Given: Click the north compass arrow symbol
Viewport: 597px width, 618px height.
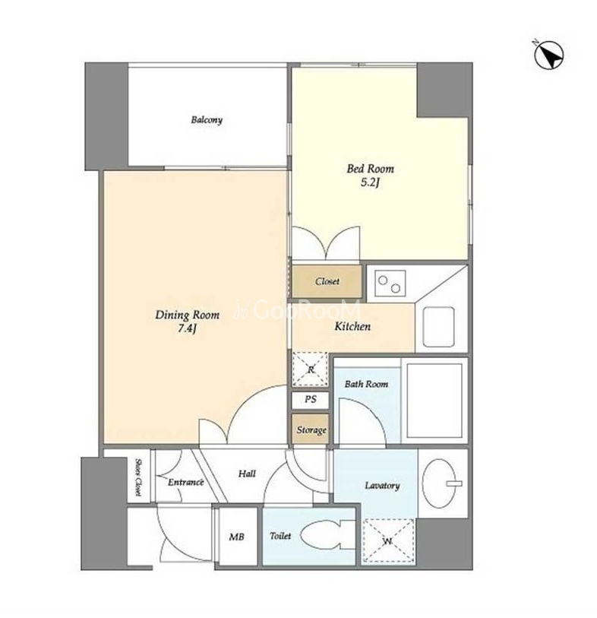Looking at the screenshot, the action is click(549, 55).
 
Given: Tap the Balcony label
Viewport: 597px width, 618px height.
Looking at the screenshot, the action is click(207, 120).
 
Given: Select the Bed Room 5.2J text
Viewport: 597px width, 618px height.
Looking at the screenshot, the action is click(370, 176).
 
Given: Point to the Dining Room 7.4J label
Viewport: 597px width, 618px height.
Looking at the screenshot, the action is click(187, 322).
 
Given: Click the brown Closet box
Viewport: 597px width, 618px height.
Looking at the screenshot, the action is click(327, 281).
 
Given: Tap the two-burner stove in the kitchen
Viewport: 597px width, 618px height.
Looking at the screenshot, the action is click(390, 284).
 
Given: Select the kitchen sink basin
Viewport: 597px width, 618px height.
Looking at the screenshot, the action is click(438, 327).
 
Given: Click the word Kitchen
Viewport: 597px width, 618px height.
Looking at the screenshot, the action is click(352, 326).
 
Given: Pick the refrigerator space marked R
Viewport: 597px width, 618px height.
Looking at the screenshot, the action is click(311, 369).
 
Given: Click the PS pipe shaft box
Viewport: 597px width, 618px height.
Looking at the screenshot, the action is click(311, 400).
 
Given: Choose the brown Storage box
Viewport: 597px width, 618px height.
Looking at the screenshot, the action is click(311, 429).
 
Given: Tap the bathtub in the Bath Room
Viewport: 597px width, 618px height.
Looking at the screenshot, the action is click(434, 401).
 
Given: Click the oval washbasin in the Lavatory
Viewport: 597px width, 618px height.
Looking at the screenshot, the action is click(439, 483).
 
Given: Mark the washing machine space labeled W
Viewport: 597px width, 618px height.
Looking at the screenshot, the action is click(388, 541).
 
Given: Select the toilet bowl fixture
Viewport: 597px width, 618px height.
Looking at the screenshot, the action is click(327, 535).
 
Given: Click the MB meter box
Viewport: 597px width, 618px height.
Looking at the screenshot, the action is click(237, 537).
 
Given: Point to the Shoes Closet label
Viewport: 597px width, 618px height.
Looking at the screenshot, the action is click(138, 477).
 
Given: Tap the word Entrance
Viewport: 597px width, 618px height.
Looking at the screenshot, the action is click(185, 482).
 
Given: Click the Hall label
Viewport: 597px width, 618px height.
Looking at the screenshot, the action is click(247, 474).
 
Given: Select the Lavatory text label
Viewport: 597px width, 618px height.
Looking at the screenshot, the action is click(382, 486).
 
